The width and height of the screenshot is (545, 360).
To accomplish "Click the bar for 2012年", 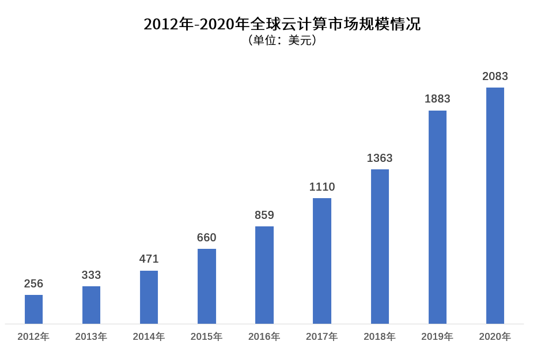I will [33, 309].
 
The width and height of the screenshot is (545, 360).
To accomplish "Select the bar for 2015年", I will [207, 286].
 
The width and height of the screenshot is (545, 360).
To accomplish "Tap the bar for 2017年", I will [322, 261].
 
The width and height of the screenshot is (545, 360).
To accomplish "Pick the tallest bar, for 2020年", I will [495, 206].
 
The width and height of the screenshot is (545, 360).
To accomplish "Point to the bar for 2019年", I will [437, 217].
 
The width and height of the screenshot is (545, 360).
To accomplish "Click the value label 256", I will [33, 283].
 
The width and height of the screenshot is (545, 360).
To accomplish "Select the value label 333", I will [91, 275].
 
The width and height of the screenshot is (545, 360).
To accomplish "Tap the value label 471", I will [149, 259].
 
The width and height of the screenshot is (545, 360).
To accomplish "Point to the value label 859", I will [264, 215].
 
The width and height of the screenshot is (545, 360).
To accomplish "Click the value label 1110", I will [322, 187].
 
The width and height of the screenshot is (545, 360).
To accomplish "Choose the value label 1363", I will [380, 158].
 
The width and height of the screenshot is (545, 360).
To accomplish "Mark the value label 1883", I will [437, 98].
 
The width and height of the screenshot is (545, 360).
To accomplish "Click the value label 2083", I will [495, 76].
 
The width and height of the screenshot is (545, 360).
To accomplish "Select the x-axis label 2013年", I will [91, 336].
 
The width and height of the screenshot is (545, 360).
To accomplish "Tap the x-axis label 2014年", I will [149, 336].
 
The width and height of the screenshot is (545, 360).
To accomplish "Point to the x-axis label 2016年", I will [264, 336].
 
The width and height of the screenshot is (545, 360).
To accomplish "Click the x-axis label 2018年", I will [380, 336].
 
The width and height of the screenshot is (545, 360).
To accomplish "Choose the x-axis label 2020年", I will [495, 336].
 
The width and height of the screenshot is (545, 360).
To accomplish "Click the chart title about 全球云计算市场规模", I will [282, 24].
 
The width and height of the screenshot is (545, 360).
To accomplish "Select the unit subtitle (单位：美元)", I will [282, 41].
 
